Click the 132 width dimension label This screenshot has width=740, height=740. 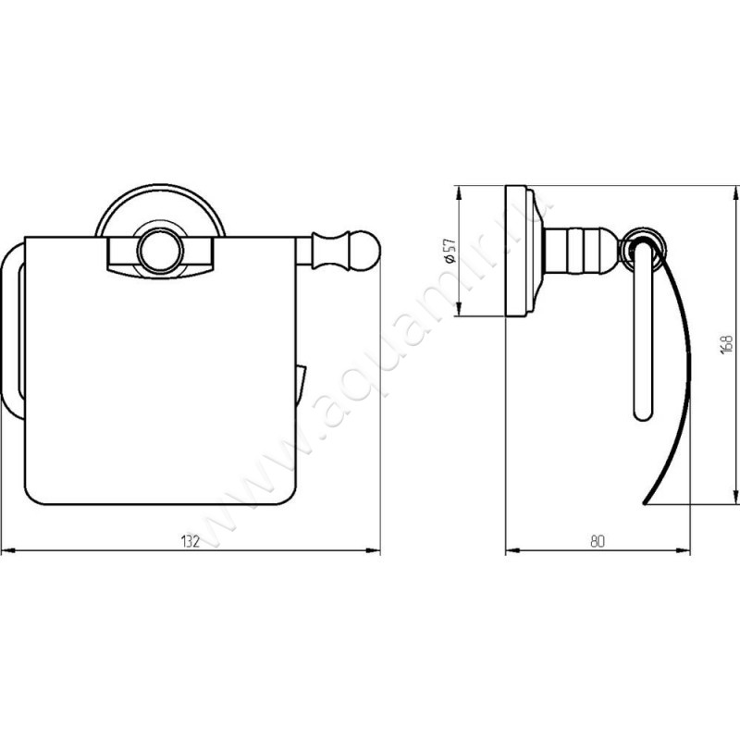click(x=191, y=541)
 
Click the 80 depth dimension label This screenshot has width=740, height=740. click(x=597, y=541)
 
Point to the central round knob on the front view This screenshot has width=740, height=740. click(x=158, y=251)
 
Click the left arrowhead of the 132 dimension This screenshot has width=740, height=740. click(x=8, y=550)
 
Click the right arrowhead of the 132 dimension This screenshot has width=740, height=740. click(x=374, y=550)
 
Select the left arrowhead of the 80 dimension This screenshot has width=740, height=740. click(x=512, y=550)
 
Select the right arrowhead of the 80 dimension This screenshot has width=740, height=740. click(x=683, y=550)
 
